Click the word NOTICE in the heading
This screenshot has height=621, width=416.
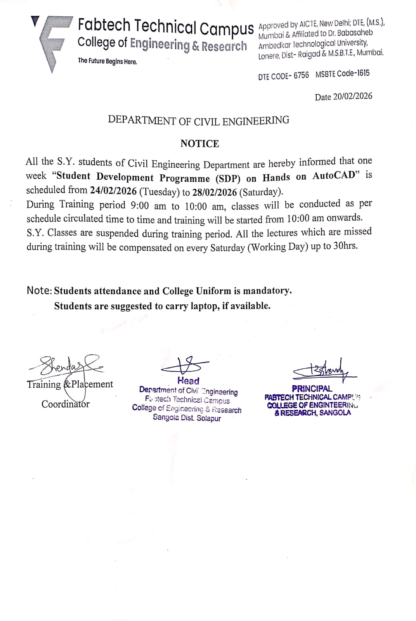pyautogui.click(x=199, y=144)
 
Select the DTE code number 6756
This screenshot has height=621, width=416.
pyautogui.click(x=301, y=75)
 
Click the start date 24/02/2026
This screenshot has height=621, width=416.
pyautogui.click(x=113, y=190)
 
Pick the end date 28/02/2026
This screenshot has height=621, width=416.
pyautogui.click(x=214, y=192)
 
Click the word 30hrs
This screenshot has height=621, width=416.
pyautogui.click(x=345, y=246)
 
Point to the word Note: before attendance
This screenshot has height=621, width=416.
pyautogui.click(x=39, y=290)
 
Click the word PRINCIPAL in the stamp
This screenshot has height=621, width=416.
pyautogui.click(x=312, y=388)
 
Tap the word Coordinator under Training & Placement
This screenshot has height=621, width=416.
pyautogui.click(x=66, y=404)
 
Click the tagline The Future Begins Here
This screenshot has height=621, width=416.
pyautogui.click(x=107, y=61)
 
